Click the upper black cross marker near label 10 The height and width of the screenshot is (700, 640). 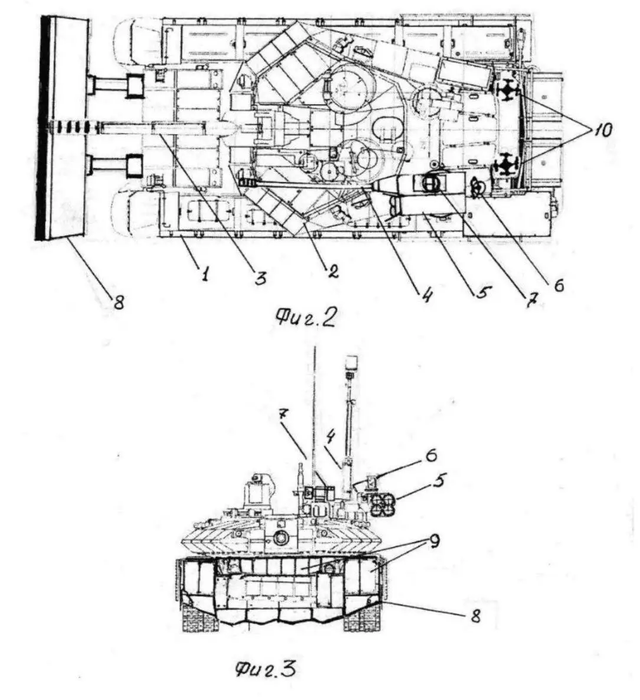coord(510,91)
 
